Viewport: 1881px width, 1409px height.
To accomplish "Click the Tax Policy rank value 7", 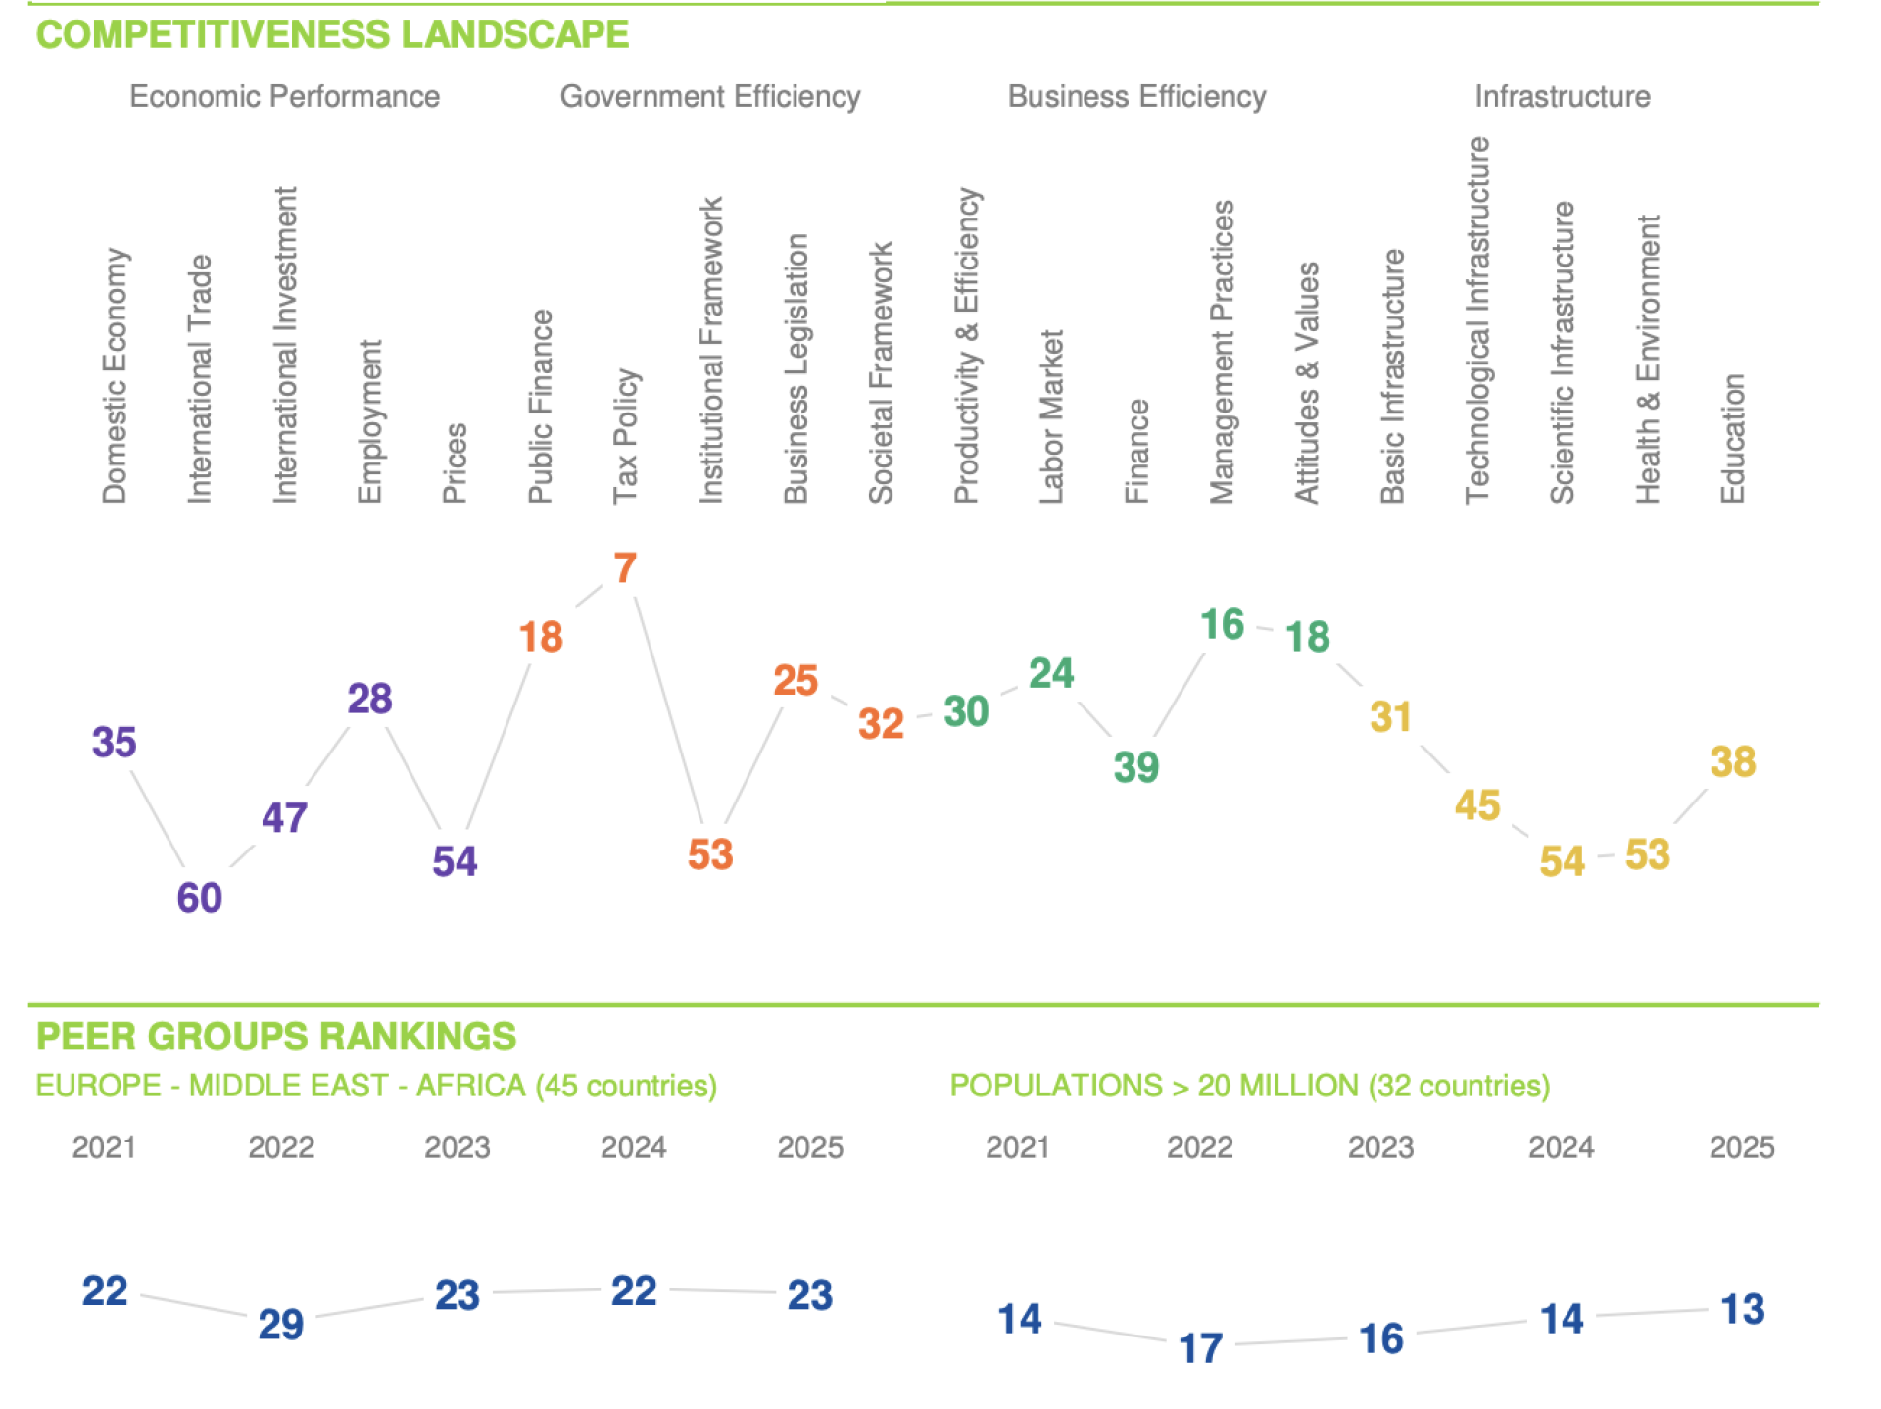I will (x=625, y=568).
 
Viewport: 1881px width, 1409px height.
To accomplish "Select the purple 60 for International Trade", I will (x=199, y=898).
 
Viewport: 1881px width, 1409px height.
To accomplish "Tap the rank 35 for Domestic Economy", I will (x=114, y=742).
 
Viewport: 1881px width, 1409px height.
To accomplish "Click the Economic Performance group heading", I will (x=284, y=96).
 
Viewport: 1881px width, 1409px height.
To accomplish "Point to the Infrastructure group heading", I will (x=1562, y=96).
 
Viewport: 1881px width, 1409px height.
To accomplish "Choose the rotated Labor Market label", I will (x=1051, y=416).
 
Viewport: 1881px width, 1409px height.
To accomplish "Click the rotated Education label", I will (x=1732, y=438).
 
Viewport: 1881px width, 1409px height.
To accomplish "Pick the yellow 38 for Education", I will (x=1732, y=761).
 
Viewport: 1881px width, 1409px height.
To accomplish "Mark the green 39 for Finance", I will (x=1135, y=766).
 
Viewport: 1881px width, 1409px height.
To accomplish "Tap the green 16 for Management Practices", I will (x=1222, y=624).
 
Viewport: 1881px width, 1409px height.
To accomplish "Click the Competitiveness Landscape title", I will (x=332, y=35).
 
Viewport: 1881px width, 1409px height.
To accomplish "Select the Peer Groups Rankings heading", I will (x=276, y=1036).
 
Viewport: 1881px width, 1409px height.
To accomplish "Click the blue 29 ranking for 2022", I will (x=280, y=1324).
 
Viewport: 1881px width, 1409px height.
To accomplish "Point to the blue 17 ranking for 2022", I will (x=1200, y=1348).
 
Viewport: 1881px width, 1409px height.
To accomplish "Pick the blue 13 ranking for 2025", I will (x=1742, y=1309).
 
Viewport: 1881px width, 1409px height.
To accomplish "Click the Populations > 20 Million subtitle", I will (x=1249, y=1086).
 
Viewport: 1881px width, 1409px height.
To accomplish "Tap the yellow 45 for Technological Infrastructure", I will (x=1476, y=805).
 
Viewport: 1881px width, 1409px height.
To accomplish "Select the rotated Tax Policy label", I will (x=625, y=436).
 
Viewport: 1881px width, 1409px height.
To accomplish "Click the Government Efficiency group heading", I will (x=709, y=96).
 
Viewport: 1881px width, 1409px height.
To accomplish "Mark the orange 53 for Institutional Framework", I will (x=709, y=854).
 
